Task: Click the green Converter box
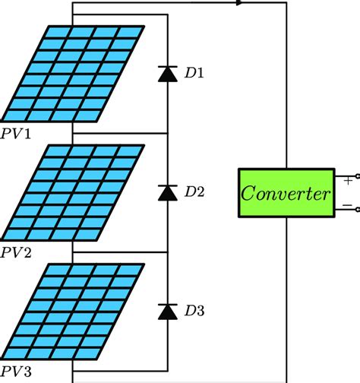point(286,194)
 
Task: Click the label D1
point(194,74)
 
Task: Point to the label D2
point(194,192)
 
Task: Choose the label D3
point(194,311)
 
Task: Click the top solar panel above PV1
point(74,74)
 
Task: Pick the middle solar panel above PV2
point(74,192)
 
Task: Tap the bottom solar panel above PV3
point(74,311)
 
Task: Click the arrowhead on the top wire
point(240,3)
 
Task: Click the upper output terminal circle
point(357,176)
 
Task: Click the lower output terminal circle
point(357,211)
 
